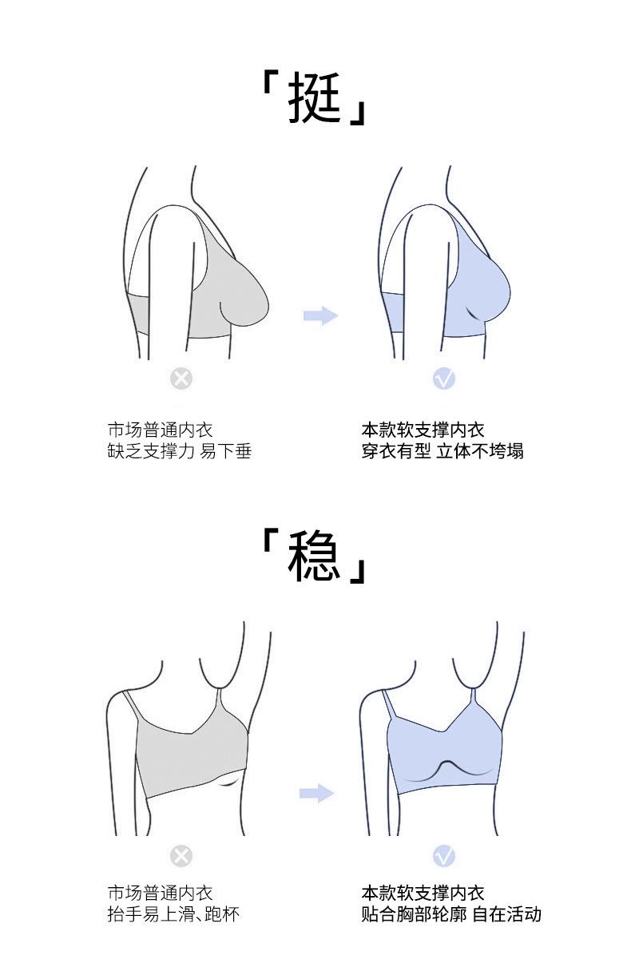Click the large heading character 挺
coord(315,97)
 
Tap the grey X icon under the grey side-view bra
coord(181,378)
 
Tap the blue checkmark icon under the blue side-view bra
coord(444,378)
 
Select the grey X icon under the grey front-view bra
coord(181,856)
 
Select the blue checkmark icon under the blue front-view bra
coord(444,856)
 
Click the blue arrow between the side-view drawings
coord(320,316)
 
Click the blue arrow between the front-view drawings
coord(316,793)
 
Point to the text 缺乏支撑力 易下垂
coord(180,451)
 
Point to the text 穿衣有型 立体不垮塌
coord(442,451)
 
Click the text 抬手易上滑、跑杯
coord(173,913)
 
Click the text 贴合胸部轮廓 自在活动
coord(451,913)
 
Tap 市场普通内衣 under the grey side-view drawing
coord(161,430)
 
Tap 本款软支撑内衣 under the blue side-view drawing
coord(423,430)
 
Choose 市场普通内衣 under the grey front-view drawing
coord(161,893)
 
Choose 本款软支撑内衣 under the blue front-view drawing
coord(423,893)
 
